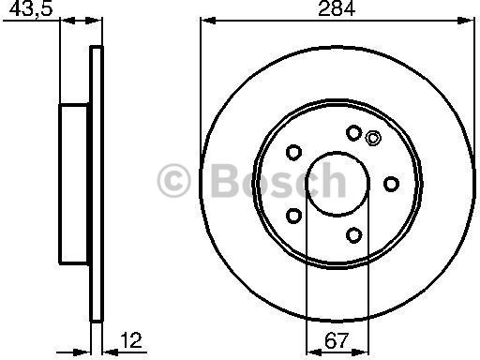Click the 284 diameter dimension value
point(337,8)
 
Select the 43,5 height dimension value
point(31,9)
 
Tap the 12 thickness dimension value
point(131,340)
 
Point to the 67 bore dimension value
point(337,340)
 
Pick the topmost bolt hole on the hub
point(354,133)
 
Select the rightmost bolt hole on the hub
point(391,184)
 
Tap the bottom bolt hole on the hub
point(354,235)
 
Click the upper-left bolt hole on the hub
point(293,153)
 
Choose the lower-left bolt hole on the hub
point(293,216)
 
